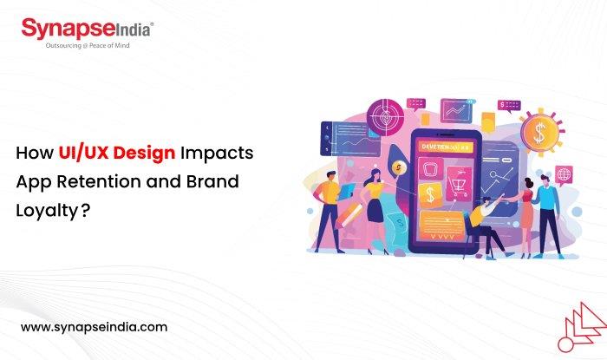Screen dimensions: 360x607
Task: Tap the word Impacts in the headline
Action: coord(219,154)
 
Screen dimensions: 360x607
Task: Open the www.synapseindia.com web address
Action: coord(94,328)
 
